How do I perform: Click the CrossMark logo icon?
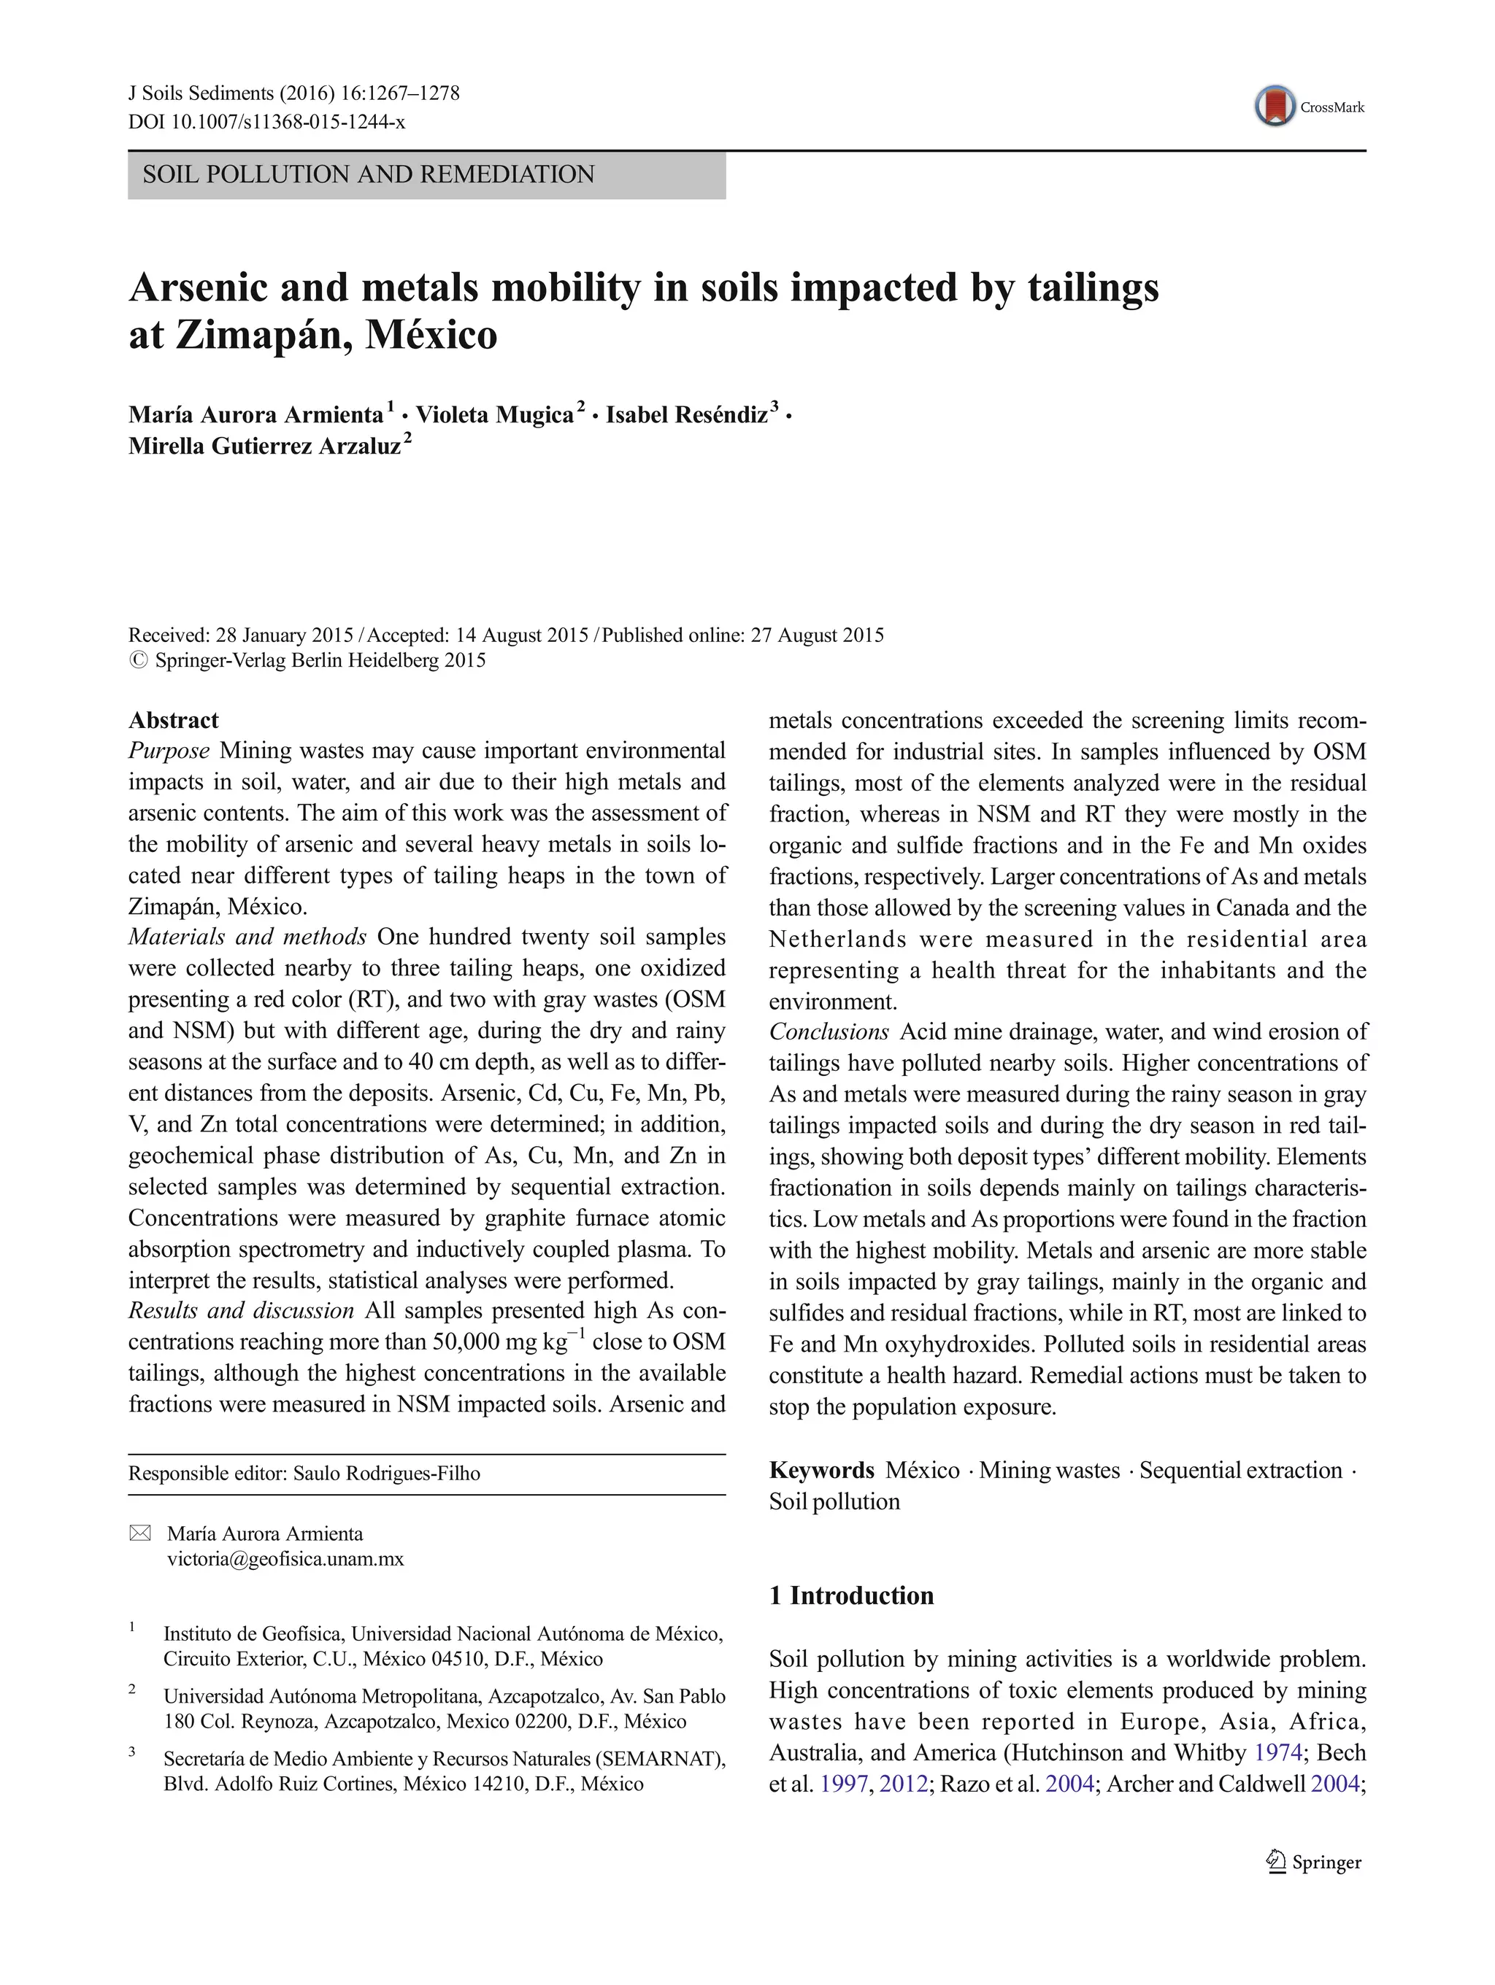coord(1275,107)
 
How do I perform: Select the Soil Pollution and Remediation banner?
coord(426,175)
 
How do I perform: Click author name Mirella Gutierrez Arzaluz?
coord(265,446)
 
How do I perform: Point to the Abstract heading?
coord(173,721)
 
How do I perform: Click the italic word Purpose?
coord(169,751)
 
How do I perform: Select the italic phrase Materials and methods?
coord(247,937)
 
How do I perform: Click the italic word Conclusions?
coord(829,1032)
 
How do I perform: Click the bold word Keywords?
coord(820,1471)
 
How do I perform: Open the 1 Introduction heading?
coord(851,1595)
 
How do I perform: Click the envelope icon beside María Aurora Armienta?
coord(141,1533)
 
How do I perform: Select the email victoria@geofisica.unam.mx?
coord(285,1559)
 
